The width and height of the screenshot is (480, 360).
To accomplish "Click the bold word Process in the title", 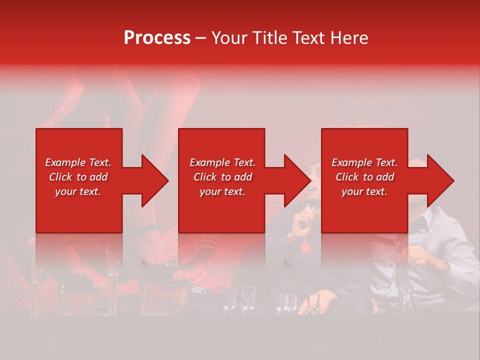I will pos(157,38).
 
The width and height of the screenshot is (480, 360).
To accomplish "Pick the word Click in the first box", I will pos(61,177).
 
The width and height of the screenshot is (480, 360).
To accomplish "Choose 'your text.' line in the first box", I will pos(78,191).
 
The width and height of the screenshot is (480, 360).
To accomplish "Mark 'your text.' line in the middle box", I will pos(222,191).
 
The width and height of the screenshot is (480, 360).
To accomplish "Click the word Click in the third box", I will pos(347,177).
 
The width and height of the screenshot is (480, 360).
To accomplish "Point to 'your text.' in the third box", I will pos(364,191).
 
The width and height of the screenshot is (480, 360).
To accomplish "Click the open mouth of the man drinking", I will pos(310,188).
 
